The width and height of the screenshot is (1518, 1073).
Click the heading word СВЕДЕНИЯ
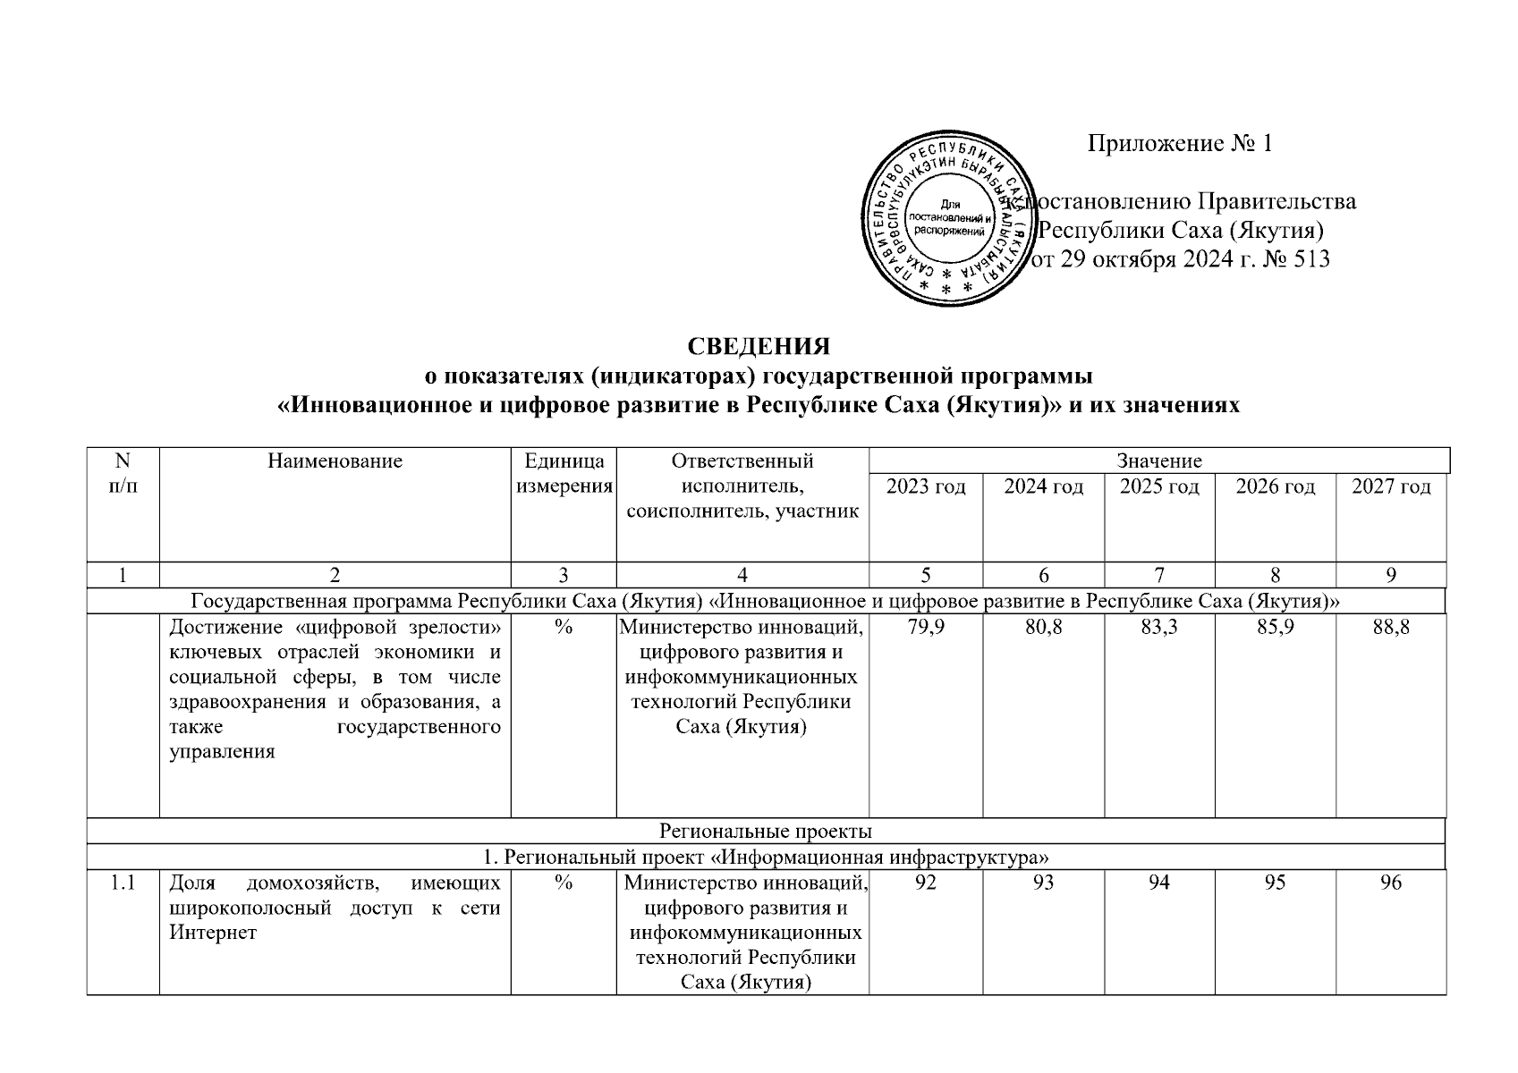[759, 346]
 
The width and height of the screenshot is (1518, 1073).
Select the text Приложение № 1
[1179, 143]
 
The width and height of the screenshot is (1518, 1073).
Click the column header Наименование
[335, 461]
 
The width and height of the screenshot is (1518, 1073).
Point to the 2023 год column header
[926, 486]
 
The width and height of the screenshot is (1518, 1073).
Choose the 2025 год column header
[1159, 486]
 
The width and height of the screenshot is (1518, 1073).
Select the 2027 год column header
[1391, 486]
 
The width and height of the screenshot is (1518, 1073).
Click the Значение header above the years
[1158, 461]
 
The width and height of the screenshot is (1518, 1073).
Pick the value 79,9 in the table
[926, 628]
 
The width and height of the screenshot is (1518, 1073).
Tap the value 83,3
[1159, 628]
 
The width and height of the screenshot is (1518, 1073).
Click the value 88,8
[1391, 628]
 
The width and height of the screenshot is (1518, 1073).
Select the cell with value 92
[926, 883]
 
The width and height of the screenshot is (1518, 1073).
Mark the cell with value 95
[1275, 883]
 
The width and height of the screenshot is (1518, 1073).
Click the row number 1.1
[123, 883]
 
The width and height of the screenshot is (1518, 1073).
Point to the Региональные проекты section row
[766, 832]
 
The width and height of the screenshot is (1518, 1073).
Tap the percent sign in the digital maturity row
[563, 628]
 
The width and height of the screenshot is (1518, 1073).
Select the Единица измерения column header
[564, 474]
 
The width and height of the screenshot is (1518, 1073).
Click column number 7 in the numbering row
[1159, 576]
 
